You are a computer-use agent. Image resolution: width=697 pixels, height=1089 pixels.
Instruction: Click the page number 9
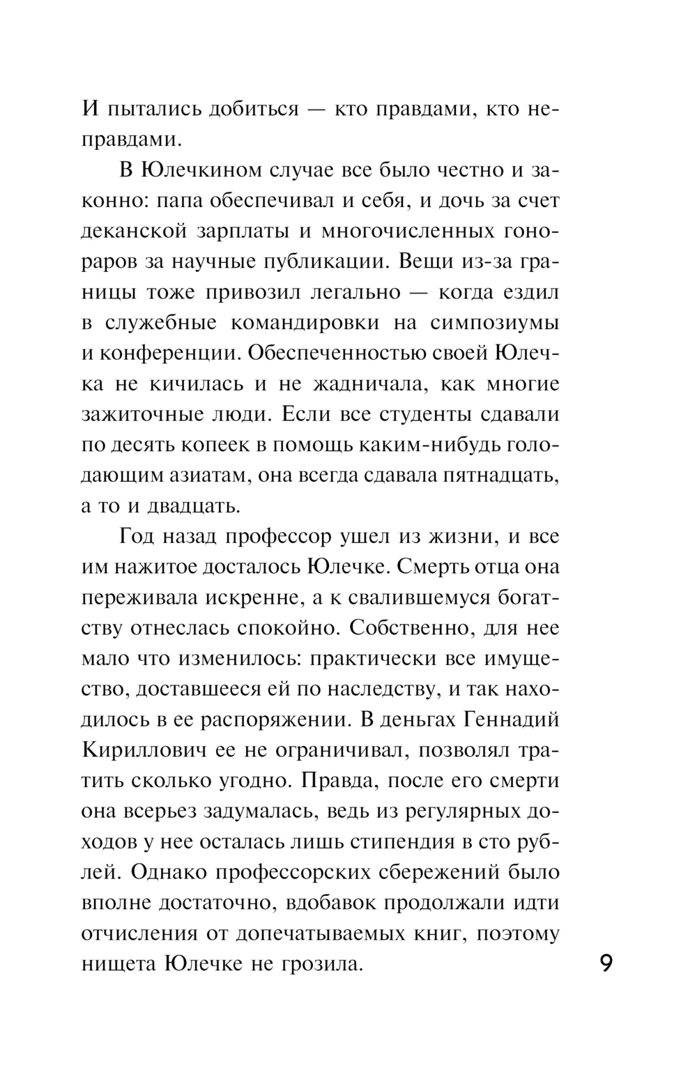tap(606, 964)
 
